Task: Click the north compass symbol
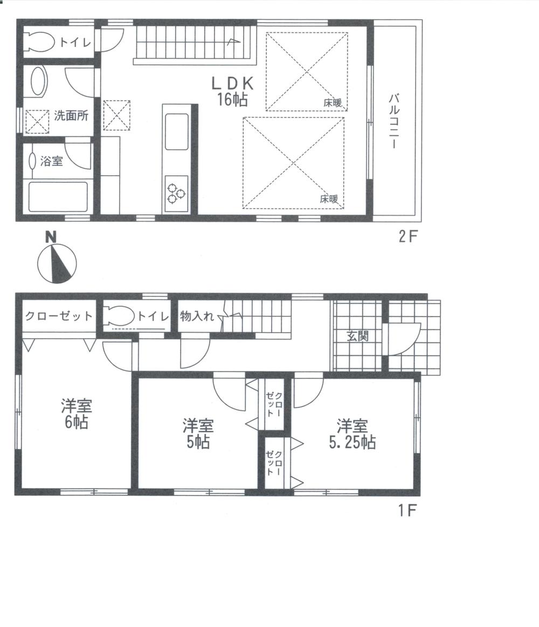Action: pyautogui.click(x=56, y=263)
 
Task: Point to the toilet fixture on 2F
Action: pyautogui.click(x=40, y=42)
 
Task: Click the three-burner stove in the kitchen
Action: pyautogui.click(x=176, y=193)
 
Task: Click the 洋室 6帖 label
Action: pyautogui.click(x=76, y=413)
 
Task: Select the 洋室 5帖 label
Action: pyautogui.click(x=197, y=434)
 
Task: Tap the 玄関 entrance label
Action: pyautogui.click(x=357, y=336)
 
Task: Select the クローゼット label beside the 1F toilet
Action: pyautogui.click(x=58, y=316)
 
